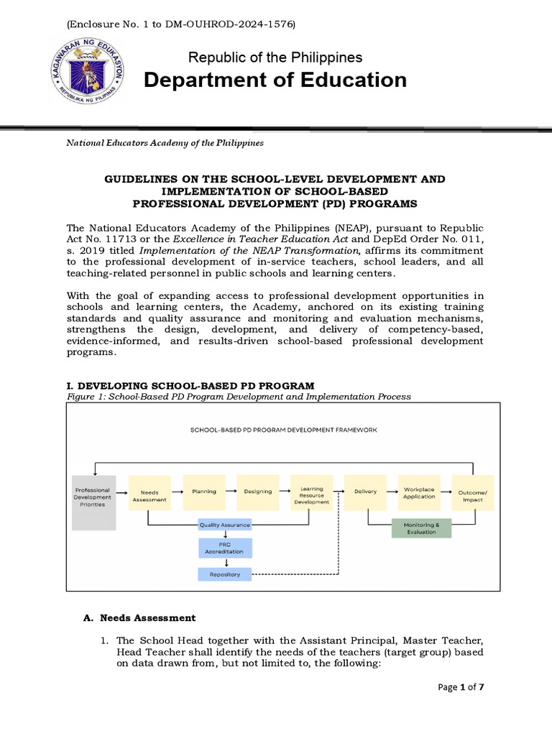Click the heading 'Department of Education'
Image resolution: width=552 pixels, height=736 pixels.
coord(275,80)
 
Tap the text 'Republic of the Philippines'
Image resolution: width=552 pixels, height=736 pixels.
coord(275,57)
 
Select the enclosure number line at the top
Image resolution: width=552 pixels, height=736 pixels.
coord(181,24)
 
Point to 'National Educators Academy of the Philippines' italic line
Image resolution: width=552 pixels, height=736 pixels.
coord(165,143)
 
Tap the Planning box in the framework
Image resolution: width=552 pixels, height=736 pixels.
coord(204,492)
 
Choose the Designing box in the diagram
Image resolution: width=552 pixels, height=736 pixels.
coord(257,492)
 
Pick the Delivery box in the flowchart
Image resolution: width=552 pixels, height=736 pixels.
coord(365,492)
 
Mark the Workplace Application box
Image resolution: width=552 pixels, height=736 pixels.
coord(419,492)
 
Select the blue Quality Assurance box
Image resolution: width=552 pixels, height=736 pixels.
coord(225,525)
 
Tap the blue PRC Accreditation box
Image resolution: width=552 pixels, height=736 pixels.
coord(225,548)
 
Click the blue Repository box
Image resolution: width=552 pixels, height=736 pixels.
coord(225,574)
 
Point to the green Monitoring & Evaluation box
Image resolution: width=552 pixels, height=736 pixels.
coord(420,528)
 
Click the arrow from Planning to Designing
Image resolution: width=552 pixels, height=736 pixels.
coord(231,492)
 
